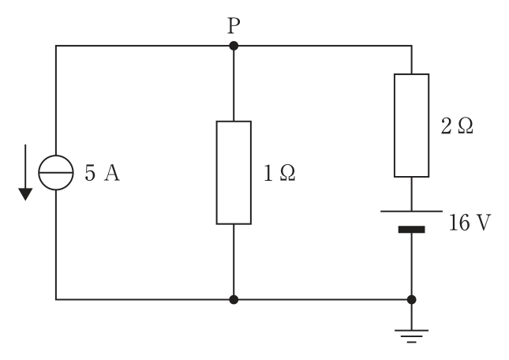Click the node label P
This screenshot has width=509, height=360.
pos(234,25)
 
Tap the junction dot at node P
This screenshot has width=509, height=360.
pos(234,46)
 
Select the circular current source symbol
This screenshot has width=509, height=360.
pos(56,173)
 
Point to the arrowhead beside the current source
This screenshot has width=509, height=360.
pos(25,194)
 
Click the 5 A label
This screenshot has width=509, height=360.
pos(103,173)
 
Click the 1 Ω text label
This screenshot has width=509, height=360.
pos(279,173)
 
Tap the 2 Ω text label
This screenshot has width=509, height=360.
pos(457,126)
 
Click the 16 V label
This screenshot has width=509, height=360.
pos(470,223)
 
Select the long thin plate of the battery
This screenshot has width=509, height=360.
pos(412,212)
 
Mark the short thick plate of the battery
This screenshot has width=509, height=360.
pos(412,230)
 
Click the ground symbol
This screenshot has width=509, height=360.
pos(412,336)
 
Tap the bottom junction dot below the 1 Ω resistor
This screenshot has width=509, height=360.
pos(234,300)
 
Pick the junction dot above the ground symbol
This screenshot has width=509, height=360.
pos(412,300)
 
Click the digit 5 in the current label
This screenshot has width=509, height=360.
pos(90,173)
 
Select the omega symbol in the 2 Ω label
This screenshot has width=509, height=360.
pos(466,126)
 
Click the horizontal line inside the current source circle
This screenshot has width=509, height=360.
pos(56,173)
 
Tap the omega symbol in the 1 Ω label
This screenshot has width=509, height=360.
pos(287,173)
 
